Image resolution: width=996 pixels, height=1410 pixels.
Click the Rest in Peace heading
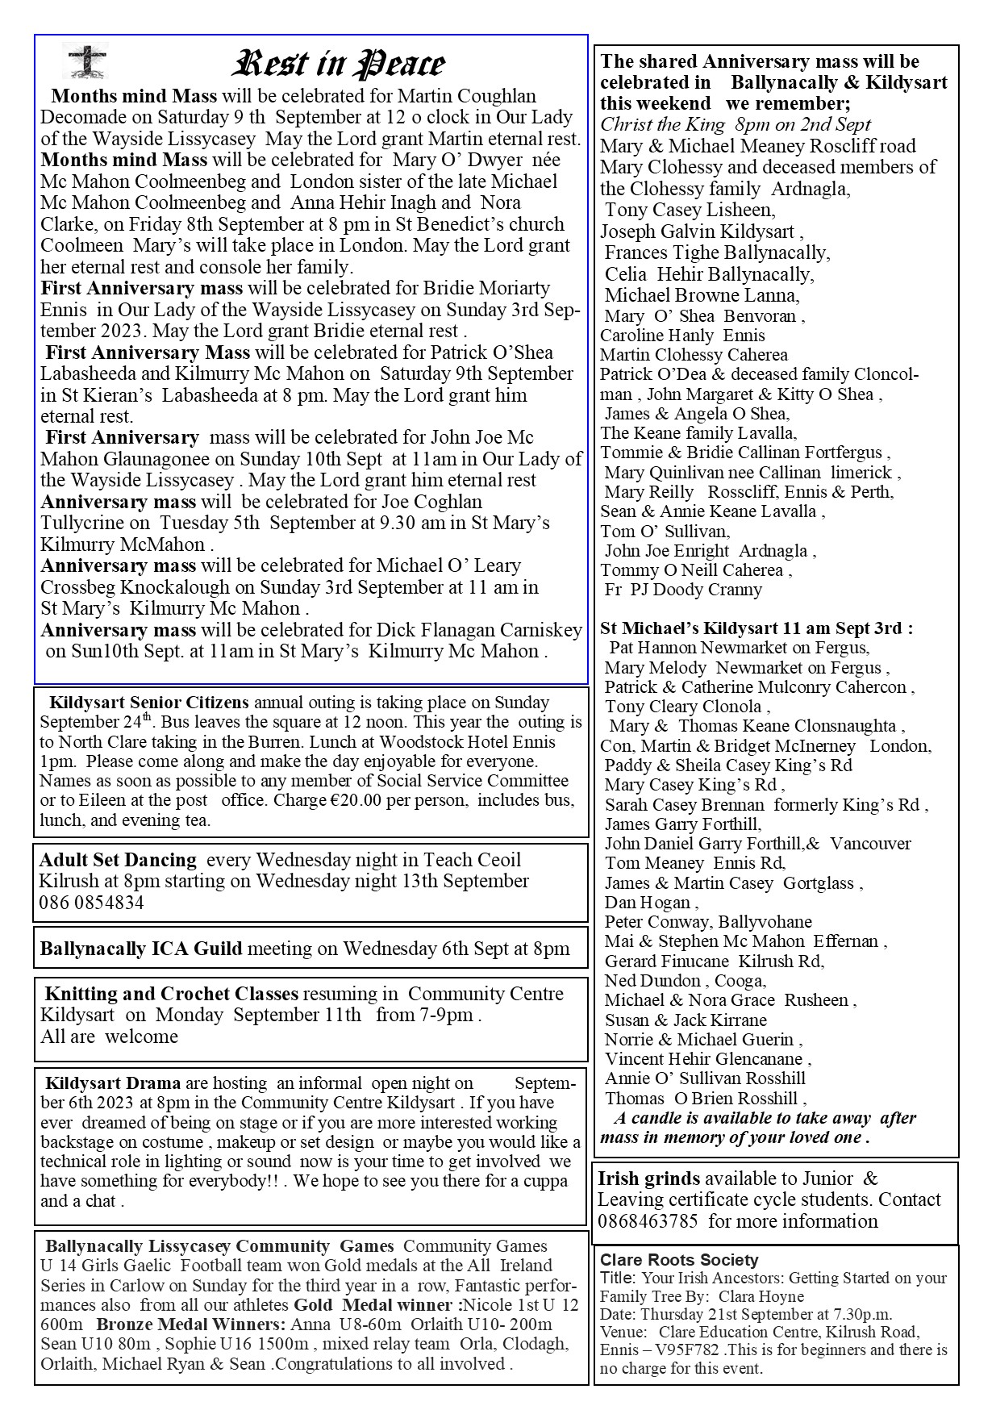coord(339,65)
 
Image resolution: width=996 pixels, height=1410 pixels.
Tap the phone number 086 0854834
coord(91,903)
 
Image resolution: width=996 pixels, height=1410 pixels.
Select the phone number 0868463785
coord(648,1220)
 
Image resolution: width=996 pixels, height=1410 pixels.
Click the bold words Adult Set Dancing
coord(118,860)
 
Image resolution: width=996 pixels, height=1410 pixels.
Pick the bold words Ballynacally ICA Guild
coord(141,949)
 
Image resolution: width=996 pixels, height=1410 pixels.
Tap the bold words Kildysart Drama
coord(113,1083)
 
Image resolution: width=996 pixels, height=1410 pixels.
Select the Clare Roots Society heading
coord(679,1260)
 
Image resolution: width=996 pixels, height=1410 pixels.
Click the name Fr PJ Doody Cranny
coord(683,590)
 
